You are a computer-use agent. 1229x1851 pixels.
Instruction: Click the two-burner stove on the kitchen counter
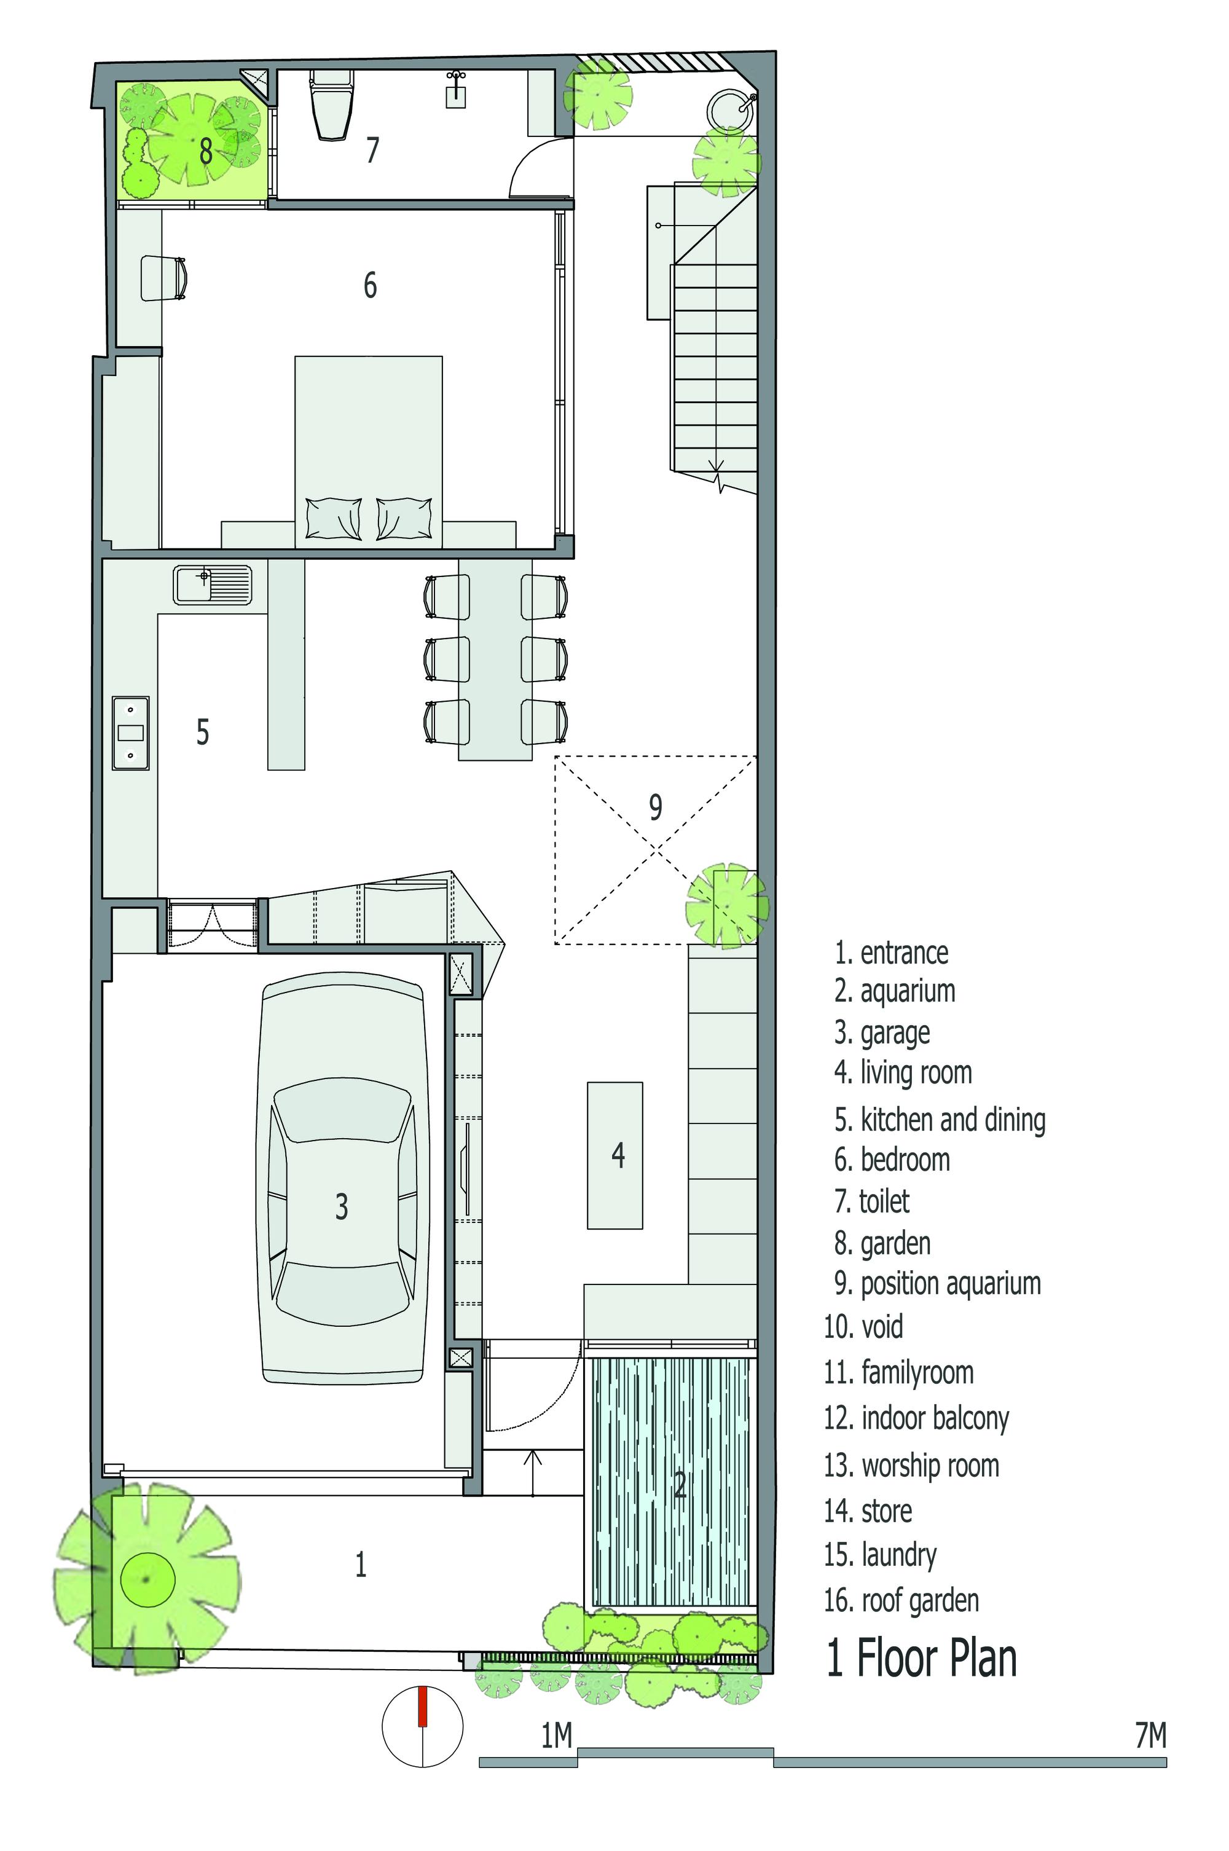pos(130,733)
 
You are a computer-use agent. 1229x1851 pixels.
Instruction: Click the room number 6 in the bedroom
pos(370,285)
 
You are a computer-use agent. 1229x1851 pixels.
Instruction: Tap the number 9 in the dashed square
pos(655,806)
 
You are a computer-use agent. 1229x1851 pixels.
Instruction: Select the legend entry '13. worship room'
pos(911,1466)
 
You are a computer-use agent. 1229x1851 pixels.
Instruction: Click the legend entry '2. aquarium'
pos(894,991)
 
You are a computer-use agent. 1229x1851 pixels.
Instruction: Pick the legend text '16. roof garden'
pos(901,1600)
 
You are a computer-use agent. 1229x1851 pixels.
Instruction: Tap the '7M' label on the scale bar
pos(1150,1737)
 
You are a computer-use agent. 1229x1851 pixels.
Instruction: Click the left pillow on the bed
pos(334,518)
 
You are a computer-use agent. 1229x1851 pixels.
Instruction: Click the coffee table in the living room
pos(615,1155)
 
